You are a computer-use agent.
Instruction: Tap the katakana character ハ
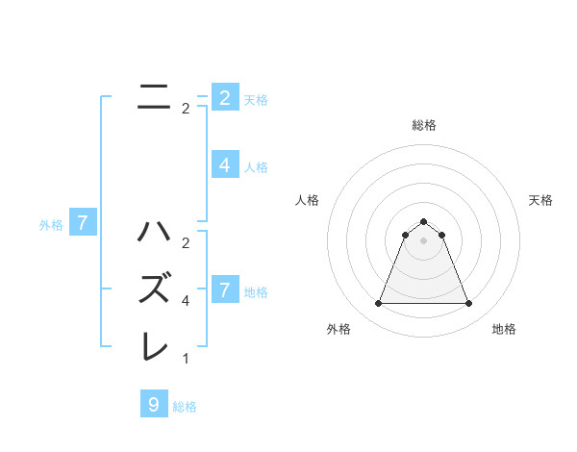[156, 232]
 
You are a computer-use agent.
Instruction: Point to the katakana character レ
[156, 346]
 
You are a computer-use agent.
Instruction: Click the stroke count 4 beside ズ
[186, 301]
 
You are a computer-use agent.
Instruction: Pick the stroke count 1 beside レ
[186, 359]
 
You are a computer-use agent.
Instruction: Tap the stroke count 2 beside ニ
[186, 109]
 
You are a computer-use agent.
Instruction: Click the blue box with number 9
[154, 404]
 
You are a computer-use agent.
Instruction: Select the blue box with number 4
[224, 165]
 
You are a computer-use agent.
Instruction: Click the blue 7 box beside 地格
[224, 289]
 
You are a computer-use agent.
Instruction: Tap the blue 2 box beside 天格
[224, 97]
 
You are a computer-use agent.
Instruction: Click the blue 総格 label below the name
[185, 407]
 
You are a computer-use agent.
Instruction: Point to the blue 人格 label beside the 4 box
[256, 167]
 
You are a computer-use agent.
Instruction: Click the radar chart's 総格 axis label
[423, 125]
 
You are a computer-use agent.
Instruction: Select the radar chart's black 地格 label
[504, 329]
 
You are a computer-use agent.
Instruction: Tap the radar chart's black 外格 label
[339, 329]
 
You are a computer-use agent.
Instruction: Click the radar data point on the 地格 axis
[468, 304]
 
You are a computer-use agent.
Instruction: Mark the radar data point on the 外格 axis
[378, 304]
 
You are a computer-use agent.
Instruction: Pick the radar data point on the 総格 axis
[423, 222]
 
